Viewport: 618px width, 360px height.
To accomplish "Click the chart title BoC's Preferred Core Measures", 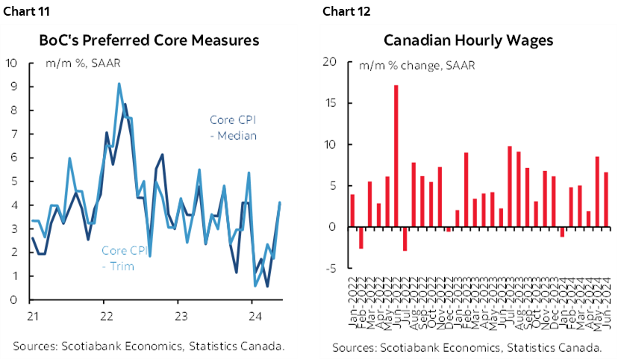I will coord(149,40).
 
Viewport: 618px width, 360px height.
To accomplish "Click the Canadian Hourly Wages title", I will coord(468,40).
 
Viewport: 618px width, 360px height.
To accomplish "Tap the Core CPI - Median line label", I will coord(231,127).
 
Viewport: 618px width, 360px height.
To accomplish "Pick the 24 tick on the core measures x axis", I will coord(252,314).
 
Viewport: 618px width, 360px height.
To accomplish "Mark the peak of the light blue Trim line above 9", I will coord(119,84).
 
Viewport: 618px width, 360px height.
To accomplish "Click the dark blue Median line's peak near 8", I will coord(125,105).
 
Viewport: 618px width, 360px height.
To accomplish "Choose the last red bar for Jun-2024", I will coord(605,199).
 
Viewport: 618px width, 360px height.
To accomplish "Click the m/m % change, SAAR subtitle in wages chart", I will coord(416,66).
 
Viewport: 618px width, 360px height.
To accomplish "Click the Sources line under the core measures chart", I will coord(148,345).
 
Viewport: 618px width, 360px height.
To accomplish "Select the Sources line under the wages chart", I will coord(467,347).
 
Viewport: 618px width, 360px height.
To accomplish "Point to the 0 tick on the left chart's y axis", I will coord(15,300).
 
